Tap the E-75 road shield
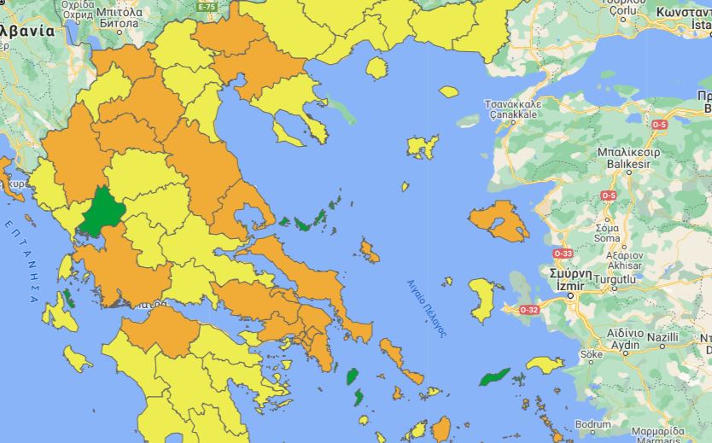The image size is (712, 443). pyautogui.click(x=206, y=6)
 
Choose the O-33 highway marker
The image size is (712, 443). pyautogui.click(x=563, y=254)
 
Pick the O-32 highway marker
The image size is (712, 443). pyautogui.click(x=528, y=309)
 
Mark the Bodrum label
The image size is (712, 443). pyautogui.click(x=592, y=424)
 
